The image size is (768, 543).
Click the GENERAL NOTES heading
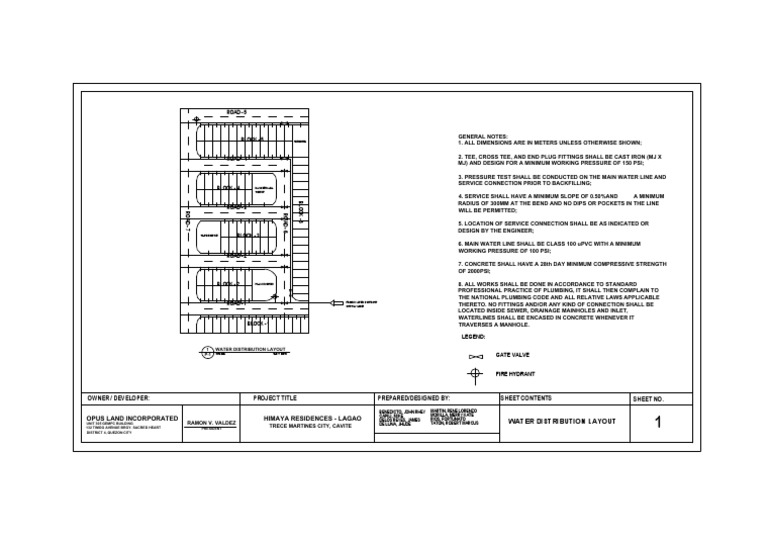(483, 136)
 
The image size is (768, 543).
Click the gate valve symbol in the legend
(476, 356)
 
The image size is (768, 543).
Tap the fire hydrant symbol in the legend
(476, 375)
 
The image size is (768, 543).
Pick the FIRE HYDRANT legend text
(515, 374)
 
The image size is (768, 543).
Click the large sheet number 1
(657, 423)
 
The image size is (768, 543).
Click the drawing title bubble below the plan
(203, 350)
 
